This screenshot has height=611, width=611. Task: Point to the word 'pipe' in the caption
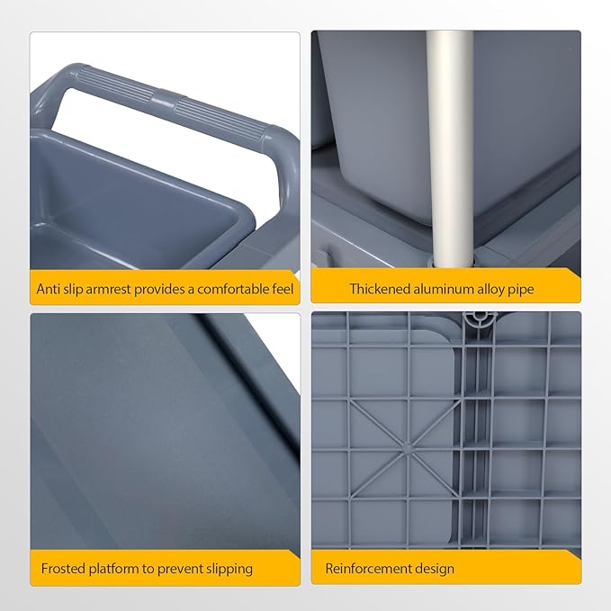[521, 291]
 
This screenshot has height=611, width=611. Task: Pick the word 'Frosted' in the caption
[63, 569]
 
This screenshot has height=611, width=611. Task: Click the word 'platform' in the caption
[113, 570]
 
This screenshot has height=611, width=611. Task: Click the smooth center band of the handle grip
[163, 97]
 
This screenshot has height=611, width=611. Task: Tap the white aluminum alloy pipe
[450, 148]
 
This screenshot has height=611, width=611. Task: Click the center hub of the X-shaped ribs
[407, 449]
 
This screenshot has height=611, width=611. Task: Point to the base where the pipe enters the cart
[452, 262]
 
